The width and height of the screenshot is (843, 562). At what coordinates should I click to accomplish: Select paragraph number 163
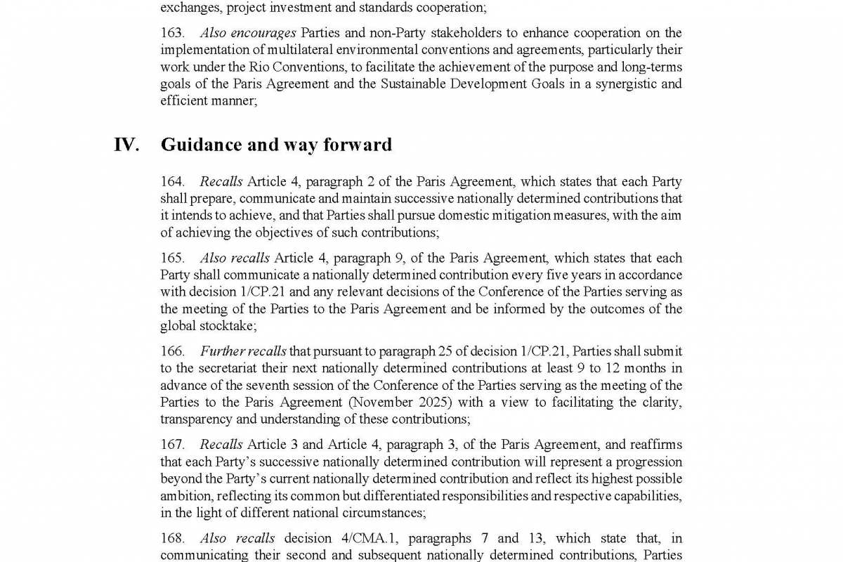(173, 33)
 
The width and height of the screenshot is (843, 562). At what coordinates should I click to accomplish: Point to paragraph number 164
(173, 182)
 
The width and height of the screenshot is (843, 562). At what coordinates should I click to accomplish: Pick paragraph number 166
(173, 351)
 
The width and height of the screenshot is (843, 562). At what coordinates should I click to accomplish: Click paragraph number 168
(173, 538)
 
